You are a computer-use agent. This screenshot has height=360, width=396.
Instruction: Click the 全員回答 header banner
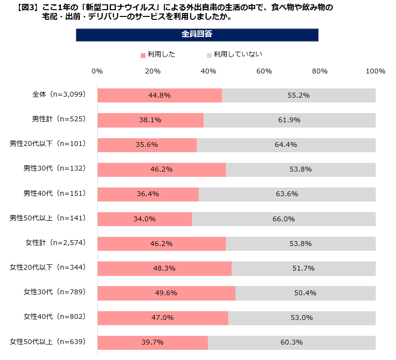click(197, 35)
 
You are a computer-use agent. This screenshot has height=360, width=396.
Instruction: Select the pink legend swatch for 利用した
click(143, 55)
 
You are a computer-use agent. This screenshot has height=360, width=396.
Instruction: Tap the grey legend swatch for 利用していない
click(209, 55)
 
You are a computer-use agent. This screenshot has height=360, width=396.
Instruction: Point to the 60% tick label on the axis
click(264, 71)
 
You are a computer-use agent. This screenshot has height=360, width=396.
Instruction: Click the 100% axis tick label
click(376, 71)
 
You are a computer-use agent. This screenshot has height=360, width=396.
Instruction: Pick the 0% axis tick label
click(97, 71)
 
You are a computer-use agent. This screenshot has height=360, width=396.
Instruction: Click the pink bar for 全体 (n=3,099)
click(160, 95)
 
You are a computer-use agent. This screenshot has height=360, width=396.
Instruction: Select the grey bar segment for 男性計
click(289, 120)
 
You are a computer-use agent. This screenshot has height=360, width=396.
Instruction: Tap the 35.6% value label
click(147, 144)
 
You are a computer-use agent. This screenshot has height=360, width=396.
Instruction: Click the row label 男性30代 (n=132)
click(55, 168)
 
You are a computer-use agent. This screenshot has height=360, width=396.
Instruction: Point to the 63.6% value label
click(286, 194)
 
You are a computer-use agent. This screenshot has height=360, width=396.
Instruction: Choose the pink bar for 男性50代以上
click(145, 219)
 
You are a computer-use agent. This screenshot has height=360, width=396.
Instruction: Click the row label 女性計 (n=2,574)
click(56, 243)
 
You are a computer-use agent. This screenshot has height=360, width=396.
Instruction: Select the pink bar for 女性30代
click(166, 293)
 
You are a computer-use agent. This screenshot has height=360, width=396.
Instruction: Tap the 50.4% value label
click(305, 293)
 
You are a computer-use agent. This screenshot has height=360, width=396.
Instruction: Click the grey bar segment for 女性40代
click(302, 317)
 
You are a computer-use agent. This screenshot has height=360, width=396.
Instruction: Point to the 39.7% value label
click(152, 342)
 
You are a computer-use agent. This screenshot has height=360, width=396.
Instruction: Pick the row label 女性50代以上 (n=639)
click(48, 342)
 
